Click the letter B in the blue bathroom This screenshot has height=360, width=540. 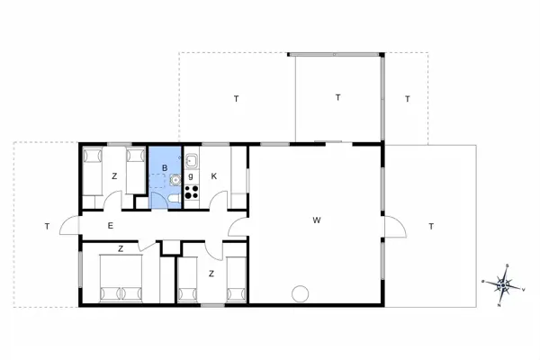pos(165,168)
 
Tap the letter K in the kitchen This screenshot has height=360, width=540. pos(213,176)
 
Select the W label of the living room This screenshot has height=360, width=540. pos(317,220)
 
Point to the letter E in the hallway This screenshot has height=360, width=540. pos(110,226)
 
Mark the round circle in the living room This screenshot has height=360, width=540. pos(300,293)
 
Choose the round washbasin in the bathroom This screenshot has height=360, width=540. pos(175,179)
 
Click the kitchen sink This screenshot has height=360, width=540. pos(192,161)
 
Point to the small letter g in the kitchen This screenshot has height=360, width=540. pos(191,175)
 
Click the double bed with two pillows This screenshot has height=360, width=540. pos(121,278)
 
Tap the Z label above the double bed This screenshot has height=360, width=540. pos(120,247)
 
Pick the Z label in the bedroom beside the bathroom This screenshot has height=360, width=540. pos(114,176)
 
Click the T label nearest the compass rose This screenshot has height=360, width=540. pos(431,226)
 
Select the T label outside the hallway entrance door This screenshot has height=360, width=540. pos(45,226)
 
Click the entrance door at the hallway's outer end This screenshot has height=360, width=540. pos(70,228)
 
